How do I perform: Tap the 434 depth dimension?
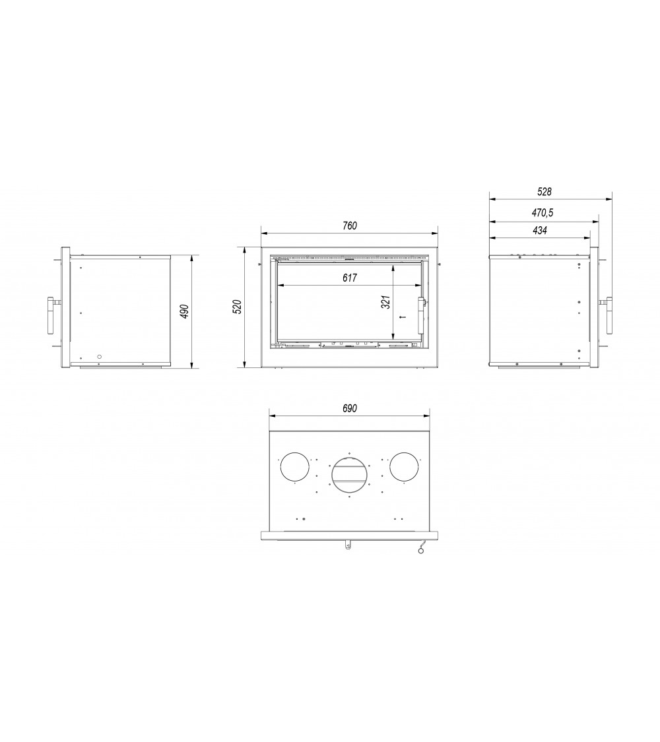point(539,231)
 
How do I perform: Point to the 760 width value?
point(349,226)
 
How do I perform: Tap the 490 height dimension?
point(185,311)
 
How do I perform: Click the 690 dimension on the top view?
point(349,408)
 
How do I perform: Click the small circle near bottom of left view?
point(100,357)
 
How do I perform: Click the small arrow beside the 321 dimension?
point(402,317)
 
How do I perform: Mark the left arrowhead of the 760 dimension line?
point(264,233)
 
